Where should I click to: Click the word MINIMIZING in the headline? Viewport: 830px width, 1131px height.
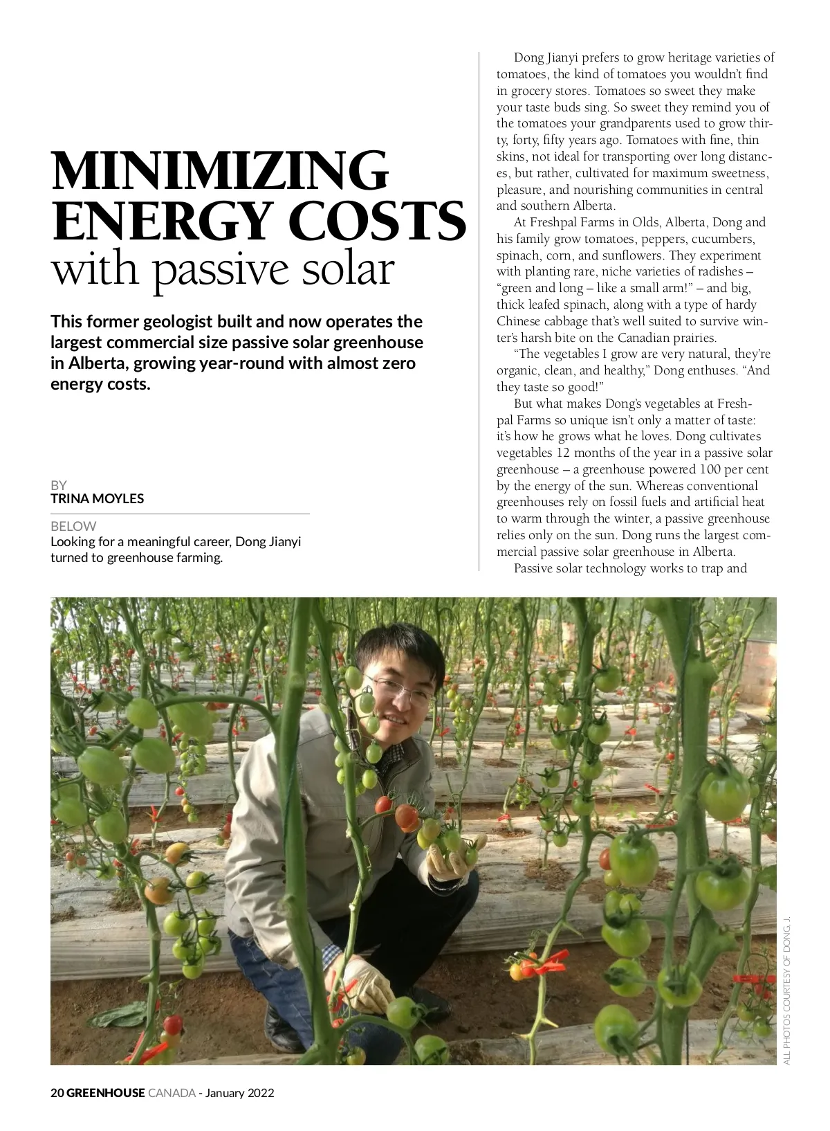(220, 170)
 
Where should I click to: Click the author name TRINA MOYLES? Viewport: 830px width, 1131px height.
(97, 498)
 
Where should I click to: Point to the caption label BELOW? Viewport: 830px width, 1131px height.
(73, 526)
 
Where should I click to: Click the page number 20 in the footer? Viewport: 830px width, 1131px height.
(57, 1093)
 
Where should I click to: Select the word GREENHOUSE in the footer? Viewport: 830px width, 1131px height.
(106, 1093)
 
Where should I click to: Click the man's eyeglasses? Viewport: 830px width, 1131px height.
(399, 689)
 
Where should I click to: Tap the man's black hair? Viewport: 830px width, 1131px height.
(401, 647)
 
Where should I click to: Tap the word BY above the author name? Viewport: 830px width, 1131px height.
(59, 485)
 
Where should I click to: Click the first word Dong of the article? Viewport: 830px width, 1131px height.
(528, 57)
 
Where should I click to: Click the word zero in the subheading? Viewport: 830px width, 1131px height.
(399, 363)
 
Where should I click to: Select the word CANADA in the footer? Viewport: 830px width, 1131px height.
(172, 1093)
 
